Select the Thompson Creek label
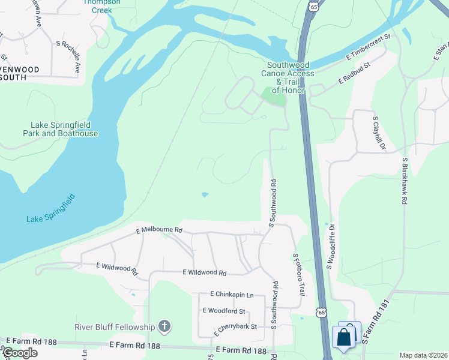tap(101, 5)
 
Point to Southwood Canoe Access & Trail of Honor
tap(288, 77)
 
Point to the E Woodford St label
tap(224, 311)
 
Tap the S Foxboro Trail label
tap(298, 274)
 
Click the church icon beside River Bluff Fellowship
tap(164, 327)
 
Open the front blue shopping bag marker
tap(344, 337)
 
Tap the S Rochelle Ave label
tap(68, 58)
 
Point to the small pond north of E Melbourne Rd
tap(205, 194)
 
